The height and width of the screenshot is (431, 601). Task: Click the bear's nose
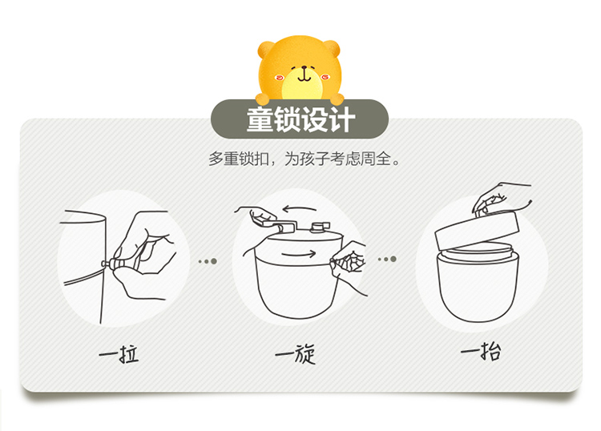[305, 68]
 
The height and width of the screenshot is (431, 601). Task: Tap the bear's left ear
[265, 50]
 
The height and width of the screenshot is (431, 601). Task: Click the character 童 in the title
[260, 119]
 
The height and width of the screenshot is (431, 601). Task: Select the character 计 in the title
[341, 119]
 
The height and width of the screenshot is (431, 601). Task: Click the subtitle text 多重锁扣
[239, 159]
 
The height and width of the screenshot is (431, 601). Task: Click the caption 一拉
[119, 353]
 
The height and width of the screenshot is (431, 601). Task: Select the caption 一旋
[295, 353]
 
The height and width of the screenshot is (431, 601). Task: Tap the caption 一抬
[481, 351]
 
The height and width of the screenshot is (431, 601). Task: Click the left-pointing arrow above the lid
[299, 209]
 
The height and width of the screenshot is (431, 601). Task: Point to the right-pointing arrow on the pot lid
[299, 253]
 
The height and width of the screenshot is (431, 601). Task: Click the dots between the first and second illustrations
[208, 261]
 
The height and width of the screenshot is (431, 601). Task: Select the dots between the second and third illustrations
[387, 260]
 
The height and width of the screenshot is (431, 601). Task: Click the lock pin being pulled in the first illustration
[108, 263]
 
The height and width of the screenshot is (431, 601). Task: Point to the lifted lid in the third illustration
[478, 228]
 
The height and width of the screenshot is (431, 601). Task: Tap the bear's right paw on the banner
[337, 99]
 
